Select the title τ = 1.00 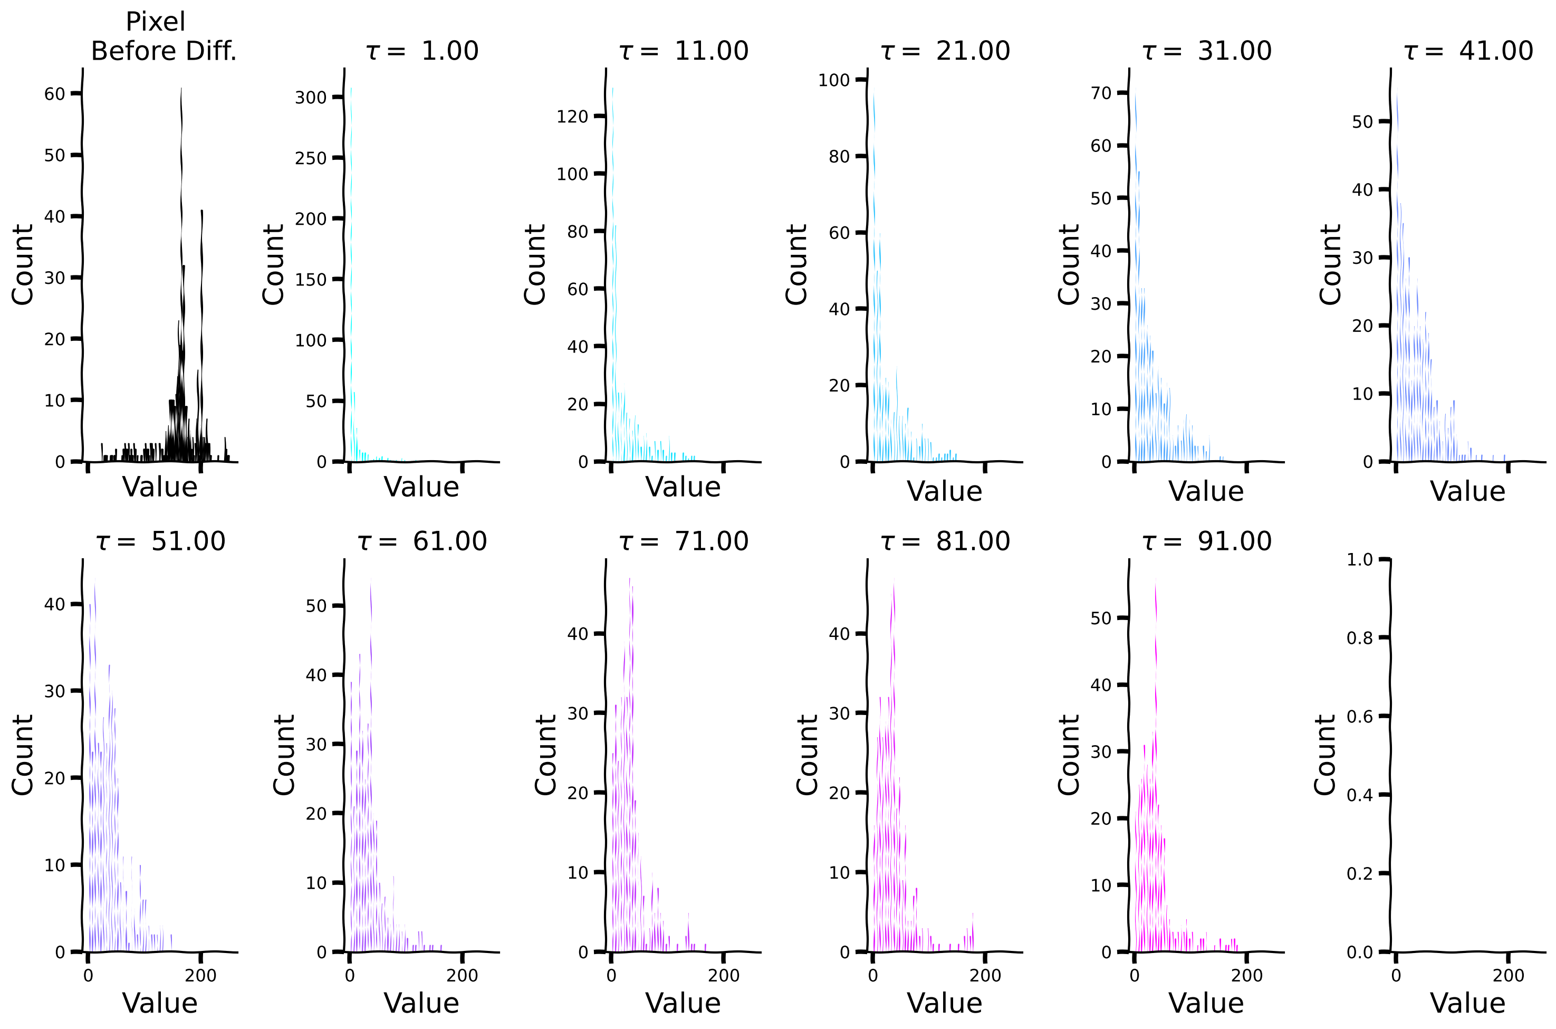[x=422, y=51]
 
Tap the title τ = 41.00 [x=1468, y=51]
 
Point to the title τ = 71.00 [x=684, y=541]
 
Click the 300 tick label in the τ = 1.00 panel [x=310, y=98]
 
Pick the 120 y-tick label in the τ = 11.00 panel [x=572, y=117]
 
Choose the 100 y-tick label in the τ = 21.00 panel [x=834, y=80]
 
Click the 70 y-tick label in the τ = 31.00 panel [x=1101, y=93]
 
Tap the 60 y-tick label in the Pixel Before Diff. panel [x=54, y=94]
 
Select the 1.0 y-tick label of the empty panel [x=1359, y=560]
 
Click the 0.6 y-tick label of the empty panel [x=1359, y=717]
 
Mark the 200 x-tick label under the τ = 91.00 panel [x=1246, y=976]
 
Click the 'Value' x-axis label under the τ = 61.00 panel [x=421, y=1003]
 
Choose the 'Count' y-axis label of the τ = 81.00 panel [x=807, y=755]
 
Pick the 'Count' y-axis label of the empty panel [x=1324, y=755]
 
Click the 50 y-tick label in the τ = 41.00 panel [x=1362, y=122]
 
